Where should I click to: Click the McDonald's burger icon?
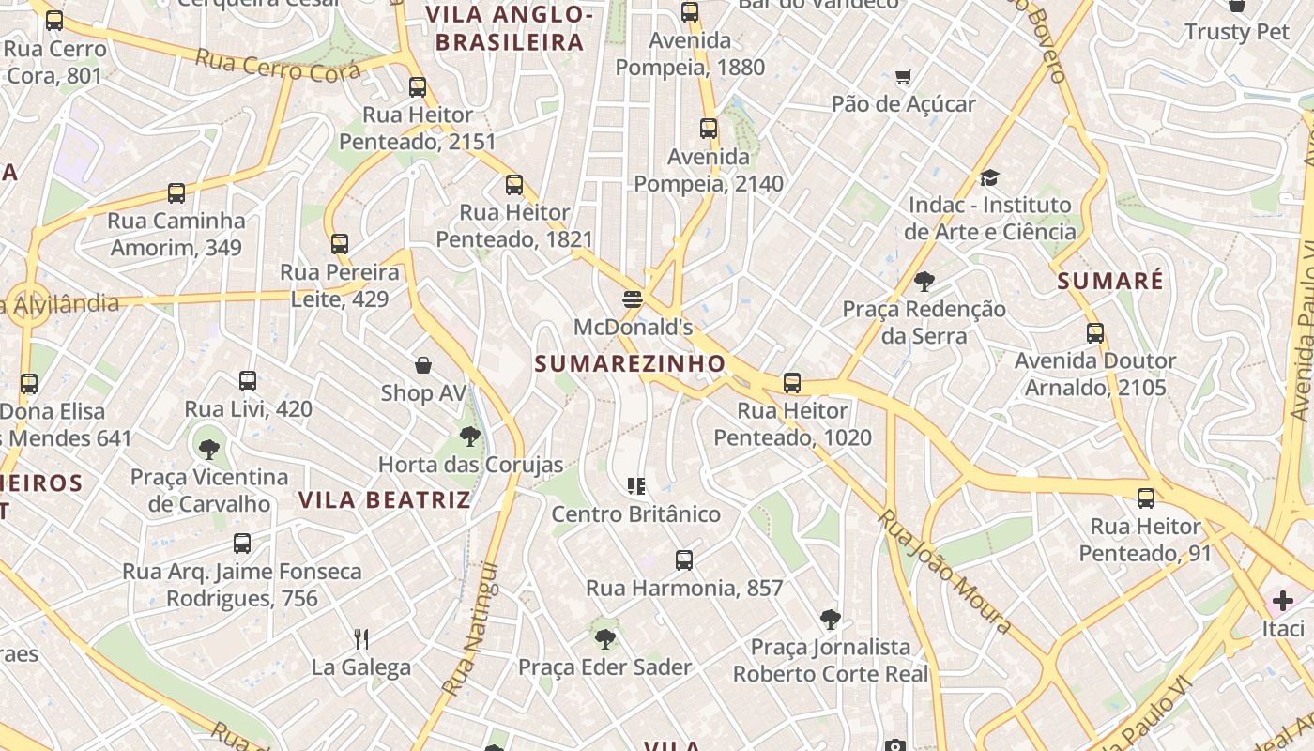(632, 299)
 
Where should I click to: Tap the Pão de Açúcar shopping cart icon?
(904, 77)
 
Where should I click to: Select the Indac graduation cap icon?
(989, 177)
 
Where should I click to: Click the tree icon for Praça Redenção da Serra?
(924, 281)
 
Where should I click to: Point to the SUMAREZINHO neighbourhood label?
(630, 363)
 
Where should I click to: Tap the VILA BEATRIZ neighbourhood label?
(384, 499)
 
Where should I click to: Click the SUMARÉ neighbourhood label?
(1109, 281)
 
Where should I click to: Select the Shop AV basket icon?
(423, 365)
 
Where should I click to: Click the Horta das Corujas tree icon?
(470, 436)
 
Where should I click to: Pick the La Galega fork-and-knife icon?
(361, 639)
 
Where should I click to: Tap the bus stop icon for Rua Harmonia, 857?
(684, 560)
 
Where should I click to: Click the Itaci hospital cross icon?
(1282, 600)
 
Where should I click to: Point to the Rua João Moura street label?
(945, 572)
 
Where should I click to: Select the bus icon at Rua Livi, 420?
(248, 381)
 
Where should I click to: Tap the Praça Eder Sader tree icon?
(605, 639)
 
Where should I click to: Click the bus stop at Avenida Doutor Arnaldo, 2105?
(1094, 333)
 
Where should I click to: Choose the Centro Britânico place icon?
(636, 486)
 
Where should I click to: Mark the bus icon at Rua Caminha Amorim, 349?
(176, 193)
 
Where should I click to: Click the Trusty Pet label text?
(1237, 32)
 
